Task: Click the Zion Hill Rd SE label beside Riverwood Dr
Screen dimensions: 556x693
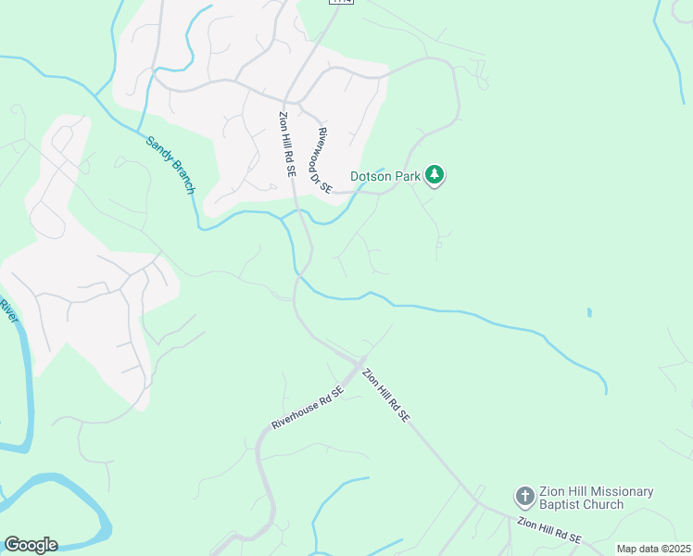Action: click(x=286, y=143)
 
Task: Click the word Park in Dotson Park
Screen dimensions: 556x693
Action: click(x=409, y=175)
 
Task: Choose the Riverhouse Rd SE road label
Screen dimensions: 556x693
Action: click(x=308, y=408)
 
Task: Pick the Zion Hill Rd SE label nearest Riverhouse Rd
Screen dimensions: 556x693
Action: click(x=386, y=396)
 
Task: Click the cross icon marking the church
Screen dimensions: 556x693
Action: click(x=524, y=497)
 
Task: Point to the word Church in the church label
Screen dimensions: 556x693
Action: click(x=603, y=505)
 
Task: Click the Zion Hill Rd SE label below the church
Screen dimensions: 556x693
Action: click(x=549, y=531)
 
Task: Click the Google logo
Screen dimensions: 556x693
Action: click(x=31, y=545)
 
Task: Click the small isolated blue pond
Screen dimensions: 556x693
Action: click(x=589, y=312)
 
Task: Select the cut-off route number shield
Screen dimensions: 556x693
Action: click(x=341, y=3)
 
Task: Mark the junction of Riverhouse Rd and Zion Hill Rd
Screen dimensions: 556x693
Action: click(x=362, y=360)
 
